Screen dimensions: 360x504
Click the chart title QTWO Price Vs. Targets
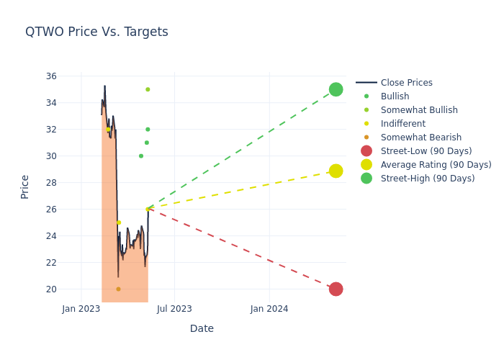[x=96, y=32]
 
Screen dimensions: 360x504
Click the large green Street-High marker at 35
[x=336, y=89]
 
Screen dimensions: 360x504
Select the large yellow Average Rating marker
[x=336, y=171]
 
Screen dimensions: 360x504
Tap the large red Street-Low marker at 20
[x=336, y=289]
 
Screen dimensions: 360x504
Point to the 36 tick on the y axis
[x=51, y=76]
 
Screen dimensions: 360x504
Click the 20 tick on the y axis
[x=51, y=289]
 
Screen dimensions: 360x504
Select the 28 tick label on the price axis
[x=51, y=183]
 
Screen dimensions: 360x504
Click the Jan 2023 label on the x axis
[x=81, y=309]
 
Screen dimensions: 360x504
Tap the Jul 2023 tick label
[x=174, y=309]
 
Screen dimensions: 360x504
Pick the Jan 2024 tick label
[x=269, y=309]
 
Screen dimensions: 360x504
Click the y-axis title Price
[x=25, y=186]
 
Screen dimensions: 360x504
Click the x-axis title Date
[x=202, y=329]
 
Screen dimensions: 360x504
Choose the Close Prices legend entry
[x=406, y=83]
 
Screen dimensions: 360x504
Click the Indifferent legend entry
[x=402, y=124]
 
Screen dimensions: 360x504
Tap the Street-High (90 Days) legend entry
[x=428, y=179]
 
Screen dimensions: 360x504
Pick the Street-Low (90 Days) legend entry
[x=426, y=151]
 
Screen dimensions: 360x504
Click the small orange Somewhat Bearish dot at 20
[x=118, y=289]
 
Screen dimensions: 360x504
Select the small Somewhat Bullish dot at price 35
[x=148, y=89]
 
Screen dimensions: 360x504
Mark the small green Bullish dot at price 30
[x=141, y=156]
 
